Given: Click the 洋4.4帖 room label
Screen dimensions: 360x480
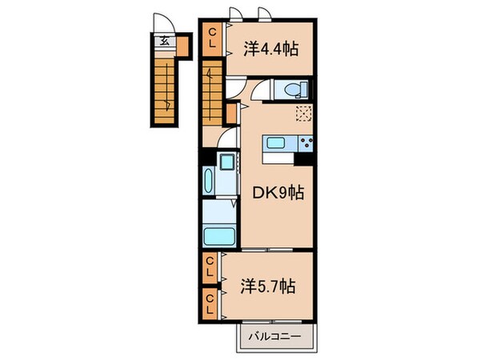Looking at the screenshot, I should coord(270,50).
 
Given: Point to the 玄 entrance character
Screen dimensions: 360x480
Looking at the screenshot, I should coord(163,41).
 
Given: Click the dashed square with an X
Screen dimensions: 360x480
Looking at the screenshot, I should coord(303,113).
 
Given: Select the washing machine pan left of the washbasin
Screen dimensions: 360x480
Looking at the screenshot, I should coord(210,182).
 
